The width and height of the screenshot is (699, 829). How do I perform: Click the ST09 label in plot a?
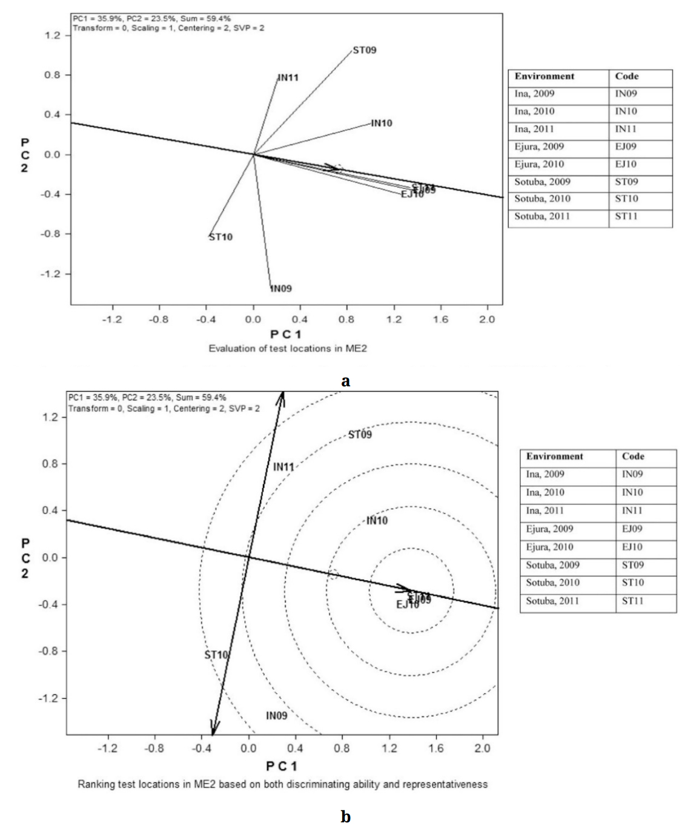coord(364,50)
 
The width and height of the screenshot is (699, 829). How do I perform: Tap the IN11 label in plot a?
coord(288,78)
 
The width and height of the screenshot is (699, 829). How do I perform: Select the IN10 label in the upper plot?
coord(381,123)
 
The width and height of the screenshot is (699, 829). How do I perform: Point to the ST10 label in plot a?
coord(220,237)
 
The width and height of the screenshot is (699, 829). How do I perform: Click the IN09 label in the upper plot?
coord(280,288)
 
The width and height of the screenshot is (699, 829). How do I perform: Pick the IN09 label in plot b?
coord(276,716)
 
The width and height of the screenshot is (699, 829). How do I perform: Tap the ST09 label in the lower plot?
coord(360,435)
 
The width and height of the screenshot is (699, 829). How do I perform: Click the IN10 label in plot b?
coord(377,521)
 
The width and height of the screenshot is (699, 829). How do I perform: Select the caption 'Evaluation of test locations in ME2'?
coord(288,348)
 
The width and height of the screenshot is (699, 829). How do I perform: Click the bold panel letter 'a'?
coord(346,381)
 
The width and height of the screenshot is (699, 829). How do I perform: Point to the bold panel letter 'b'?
coord(345,817)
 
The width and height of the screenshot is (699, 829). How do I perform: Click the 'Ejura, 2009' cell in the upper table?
coord(539,147)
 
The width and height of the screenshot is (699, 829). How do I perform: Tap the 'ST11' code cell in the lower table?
coord(632,601)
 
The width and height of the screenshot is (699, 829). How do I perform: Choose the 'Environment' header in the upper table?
coord(544,76)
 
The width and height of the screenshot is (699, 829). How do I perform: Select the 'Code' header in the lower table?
coord(633,457)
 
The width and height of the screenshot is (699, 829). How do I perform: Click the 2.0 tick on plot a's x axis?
coord(487,320)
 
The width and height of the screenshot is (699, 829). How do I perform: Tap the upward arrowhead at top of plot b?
coord(282,395)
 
